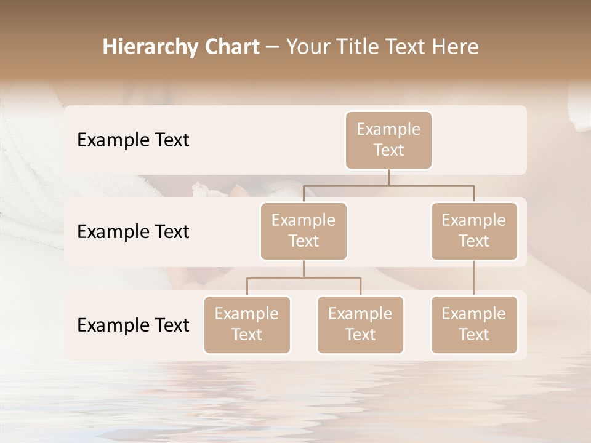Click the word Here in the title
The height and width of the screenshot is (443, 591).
click(x=456, y=47)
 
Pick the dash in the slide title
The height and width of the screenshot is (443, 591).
click(x=272, y=47)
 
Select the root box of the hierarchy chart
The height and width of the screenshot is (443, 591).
click(x=388, y=140)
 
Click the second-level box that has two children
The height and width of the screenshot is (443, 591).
click(x=304, y=231)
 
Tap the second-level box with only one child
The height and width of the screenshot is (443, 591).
click(x=474, y=231)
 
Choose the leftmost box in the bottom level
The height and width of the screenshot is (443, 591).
click(x=247, y=324)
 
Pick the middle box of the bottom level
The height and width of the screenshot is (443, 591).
click(x=360, y=324)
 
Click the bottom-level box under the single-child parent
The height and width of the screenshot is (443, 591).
click(x=474, y=324)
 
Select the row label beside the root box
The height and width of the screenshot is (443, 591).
click(x=133, y=140)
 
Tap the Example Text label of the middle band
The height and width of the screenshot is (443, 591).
click(x=133, y=231)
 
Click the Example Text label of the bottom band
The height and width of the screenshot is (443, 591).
click(x=133, y=325)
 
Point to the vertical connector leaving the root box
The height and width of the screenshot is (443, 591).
click(x=388, y=177)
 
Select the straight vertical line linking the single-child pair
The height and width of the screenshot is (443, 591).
click(x=474, y=278)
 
